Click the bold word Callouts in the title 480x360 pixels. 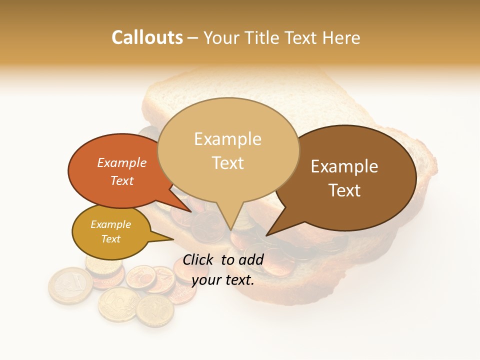147,37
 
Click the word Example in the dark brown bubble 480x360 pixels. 344,166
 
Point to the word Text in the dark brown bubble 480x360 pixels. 344,190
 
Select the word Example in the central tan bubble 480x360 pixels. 228,139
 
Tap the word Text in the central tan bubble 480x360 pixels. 228,163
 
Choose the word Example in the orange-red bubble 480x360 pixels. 122,162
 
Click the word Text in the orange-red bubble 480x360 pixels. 122,180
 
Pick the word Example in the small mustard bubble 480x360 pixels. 110,224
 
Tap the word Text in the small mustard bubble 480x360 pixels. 110,239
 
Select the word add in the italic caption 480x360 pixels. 251,259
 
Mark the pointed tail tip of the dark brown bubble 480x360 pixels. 266,235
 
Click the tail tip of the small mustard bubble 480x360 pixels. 173,239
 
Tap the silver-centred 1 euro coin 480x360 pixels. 70,285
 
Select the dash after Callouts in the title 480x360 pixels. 193,37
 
